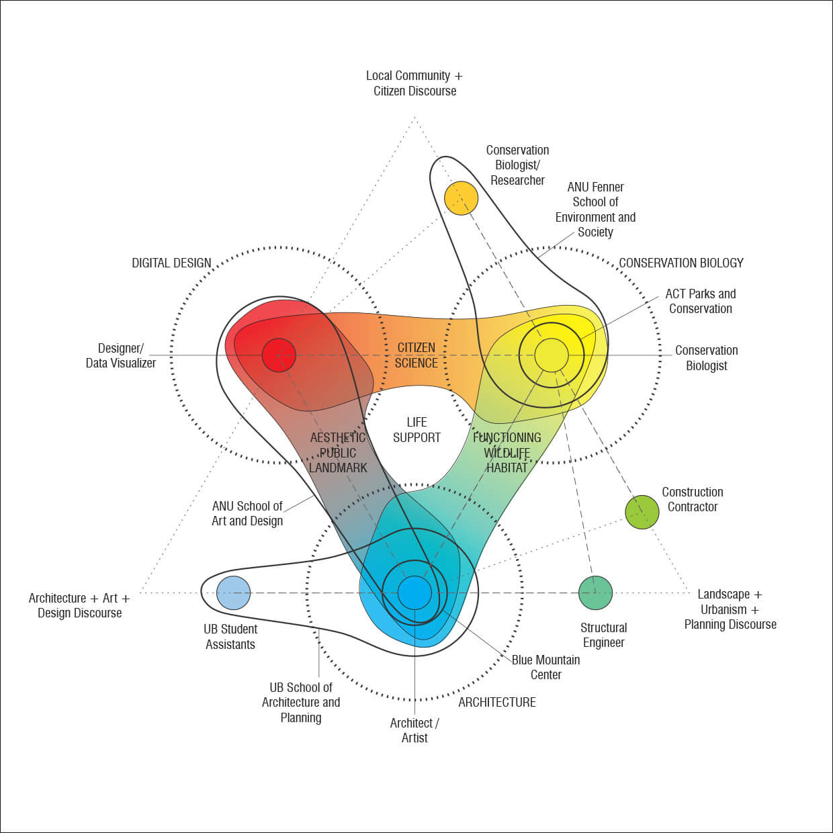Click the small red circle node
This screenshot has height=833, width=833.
coord(279,355)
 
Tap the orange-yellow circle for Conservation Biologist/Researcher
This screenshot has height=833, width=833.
coord(461,198)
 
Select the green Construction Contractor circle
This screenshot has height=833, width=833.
coord(642,512)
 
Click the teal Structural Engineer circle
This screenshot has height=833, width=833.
coord(595,593)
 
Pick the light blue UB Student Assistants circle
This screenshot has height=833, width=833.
coord(234,593)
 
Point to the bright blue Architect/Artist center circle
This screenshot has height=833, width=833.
coord(414,593)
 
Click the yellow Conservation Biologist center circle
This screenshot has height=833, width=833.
coord(552,355)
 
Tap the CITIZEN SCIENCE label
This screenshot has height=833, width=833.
coord(416,355)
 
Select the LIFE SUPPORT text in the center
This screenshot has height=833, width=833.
coord(416,430)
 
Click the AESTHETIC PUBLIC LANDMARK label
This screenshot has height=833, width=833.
coord(338,453)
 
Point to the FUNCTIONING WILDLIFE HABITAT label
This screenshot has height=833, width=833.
coord(507,453)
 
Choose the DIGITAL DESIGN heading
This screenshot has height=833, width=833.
coord(171,263)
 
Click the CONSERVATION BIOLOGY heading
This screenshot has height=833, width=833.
coord(681,263)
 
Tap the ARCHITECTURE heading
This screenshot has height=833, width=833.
coord(497,702)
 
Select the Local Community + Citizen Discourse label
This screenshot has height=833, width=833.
coord(414,83)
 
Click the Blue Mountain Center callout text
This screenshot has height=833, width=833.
coord(545,667)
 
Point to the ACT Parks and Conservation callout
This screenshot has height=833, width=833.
coord(700,301)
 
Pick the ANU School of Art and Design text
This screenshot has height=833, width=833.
coord(247,513)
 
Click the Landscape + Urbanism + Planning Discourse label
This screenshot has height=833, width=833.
coord(730,609)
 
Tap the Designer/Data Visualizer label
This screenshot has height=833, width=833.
coord(121,355)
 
